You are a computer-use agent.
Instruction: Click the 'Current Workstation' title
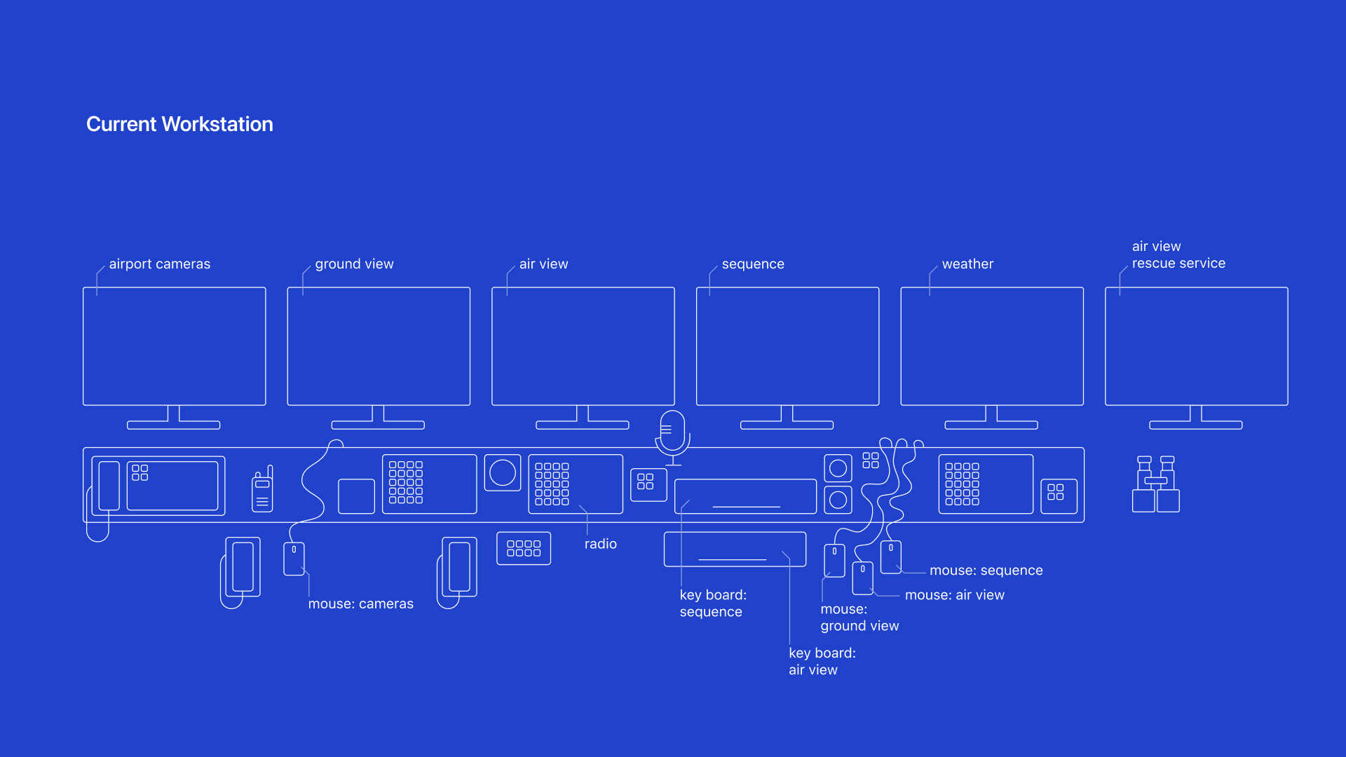tap(179, 124)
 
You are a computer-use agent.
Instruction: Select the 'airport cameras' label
tap(159, 264)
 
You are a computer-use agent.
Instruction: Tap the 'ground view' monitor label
tap(354, 264)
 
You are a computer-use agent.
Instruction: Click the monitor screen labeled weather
tap(991, 346)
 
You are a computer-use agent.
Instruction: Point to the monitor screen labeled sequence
tap(787, 346)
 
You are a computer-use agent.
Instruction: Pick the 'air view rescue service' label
tap(1178, 254)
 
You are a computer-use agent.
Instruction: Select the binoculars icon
tap(1155, 484)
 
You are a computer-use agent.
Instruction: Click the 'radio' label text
tap(600, 544)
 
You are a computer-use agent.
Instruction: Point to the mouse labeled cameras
tap(294, 559)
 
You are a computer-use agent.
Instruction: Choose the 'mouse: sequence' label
tap(986, 571)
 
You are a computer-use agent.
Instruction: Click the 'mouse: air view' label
tap(954, 595)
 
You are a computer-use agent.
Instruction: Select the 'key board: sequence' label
tap(712, 603)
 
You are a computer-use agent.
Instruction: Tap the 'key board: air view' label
tap(822, 661)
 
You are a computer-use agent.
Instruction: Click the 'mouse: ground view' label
tap(859, 618)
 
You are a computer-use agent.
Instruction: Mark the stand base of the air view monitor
tap(582, 425)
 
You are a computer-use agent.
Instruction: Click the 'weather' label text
tap(967, 264)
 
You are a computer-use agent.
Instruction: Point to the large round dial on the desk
tap(502, 472)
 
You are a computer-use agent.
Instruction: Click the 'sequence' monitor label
tap(752, 264)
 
